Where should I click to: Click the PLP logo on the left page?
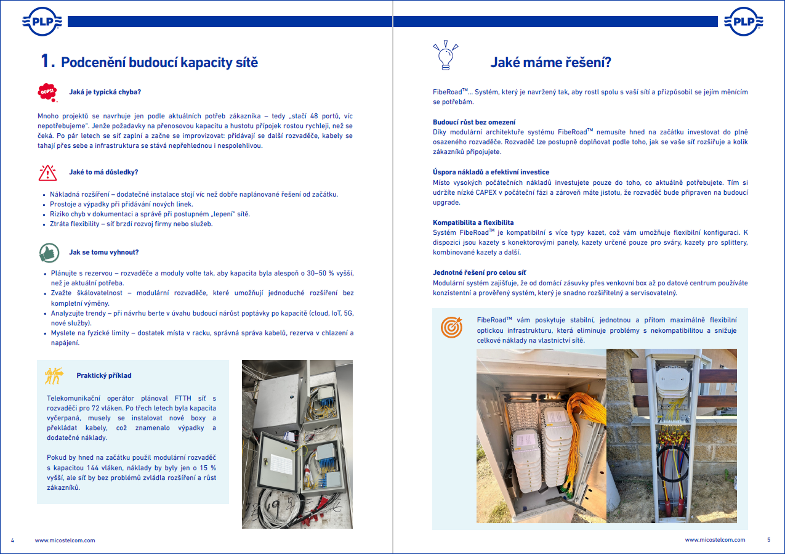[41, 22]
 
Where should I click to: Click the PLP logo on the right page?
[744, 22]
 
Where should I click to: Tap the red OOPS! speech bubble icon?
[47, 92]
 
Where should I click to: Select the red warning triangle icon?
[47, 173]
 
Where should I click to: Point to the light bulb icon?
[446, 54]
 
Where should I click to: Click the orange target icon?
[451, 327]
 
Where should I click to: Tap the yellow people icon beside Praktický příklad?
[54, 375]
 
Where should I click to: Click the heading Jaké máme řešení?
[550, 62]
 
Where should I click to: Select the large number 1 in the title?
[47, 61]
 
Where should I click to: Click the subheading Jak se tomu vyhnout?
[103, 252]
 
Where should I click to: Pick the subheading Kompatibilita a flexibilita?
[473, 222]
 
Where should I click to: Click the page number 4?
[12, 540]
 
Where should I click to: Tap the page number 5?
[768, 540]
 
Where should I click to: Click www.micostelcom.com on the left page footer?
[65, 540]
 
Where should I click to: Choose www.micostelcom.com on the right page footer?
[715, 540]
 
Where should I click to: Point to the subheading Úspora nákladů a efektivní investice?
[491, 172]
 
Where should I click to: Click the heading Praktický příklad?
[103, 375]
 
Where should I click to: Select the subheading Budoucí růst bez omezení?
[474, 122]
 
